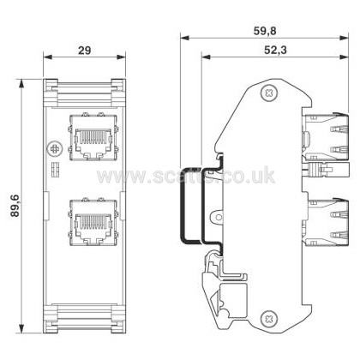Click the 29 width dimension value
(85, 51)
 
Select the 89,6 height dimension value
(15, 206)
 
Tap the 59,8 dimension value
(265, 31)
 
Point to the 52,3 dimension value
(275, 51)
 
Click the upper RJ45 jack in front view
(93, 137)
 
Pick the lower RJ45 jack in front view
(93, 222)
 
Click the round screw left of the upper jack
(54, 148)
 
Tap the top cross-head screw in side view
(269, 93)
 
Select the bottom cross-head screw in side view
(269, 318)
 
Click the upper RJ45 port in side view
(326, 136)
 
